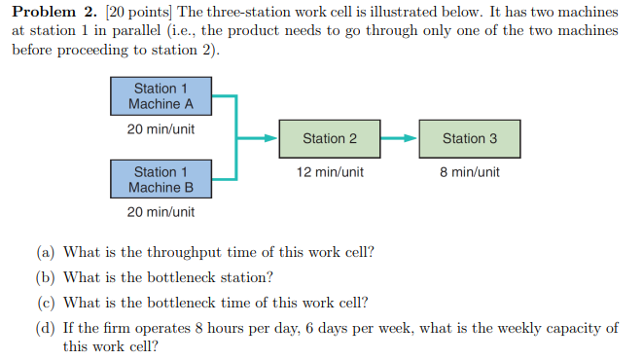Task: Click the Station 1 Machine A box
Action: [161, 96]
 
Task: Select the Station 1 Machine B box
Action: [161, 180]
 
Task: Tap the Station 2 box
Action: [329, 138]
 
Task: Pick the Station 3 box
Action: [469, 138]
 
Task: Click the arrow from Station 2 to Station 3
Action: [398, 138]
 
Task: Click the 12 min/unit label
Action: [330, 172]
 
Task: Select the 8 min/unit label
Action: [469, 172]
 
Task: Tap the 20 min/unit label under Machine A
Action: [161, 128]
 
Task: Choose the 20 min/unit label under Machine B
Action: [161, 212]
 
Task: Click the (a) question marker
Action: [47, 252]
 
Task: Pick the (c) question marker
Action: [47, 303]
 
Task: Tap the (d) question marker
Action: [47, 328]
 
